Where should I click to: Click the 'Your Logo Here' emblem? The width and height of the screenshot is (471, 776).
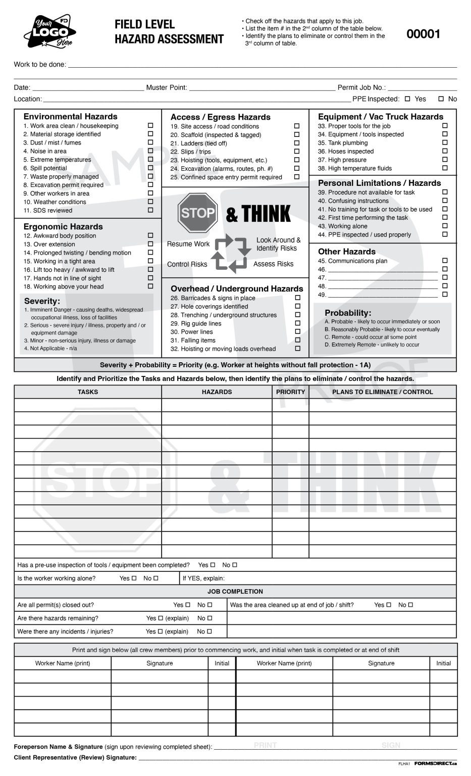coord(48,32)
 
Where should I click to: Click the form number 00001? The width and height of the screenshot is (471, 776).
coord(423,34)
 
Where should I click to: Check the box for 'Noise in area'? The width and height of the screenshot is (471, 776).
coord(150,151)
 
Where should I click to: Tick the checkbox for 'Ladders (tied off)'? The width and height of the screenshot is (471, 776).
coord(297,143)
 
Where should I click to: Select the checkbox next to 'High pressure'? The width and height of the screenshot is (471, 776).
coord(445,160)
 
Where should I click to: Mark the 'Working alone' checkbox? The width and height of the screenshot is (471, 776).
coord(445,226)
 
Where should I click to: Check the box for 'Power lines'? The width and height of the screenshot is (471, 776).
coord(297,332)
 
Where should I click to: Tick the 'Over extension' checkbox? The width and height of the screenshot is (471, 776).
coord(150,244)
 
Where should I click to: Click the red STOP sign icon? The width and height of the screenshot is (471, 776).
coord(197,213)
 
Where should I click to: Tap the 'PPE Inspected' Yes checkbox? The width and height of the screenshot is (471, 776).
coord(407,99)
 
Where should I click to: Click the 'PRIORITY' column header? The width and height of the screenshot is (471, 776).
coord(290,392)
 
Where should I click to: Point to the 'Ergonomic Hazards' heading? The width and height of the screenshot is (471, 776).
coord(63,227)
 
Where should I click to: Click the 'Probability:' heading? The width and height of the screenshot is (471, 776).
coord(348,313)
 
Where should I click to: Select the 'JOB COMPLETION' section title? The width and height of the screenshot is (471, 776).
coord(235,592)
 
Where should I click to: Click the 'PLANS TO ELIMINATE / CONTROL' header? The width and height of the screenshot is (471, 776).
coord(382,392)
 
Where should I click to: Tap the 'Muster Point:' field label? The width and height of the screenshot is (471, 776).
coord(167,87)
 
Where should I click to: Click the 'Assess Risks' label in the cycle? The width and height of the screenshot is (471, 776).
coord(273,264)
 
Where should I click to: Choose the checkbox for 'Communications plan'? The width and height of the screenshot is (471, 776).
coord(445,261)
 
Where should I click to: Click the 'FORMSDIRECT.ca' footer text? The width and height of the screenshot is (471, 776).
coord(435,763)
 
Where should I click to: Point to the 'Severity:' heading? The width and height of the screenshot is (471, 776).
coord(42,301)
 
